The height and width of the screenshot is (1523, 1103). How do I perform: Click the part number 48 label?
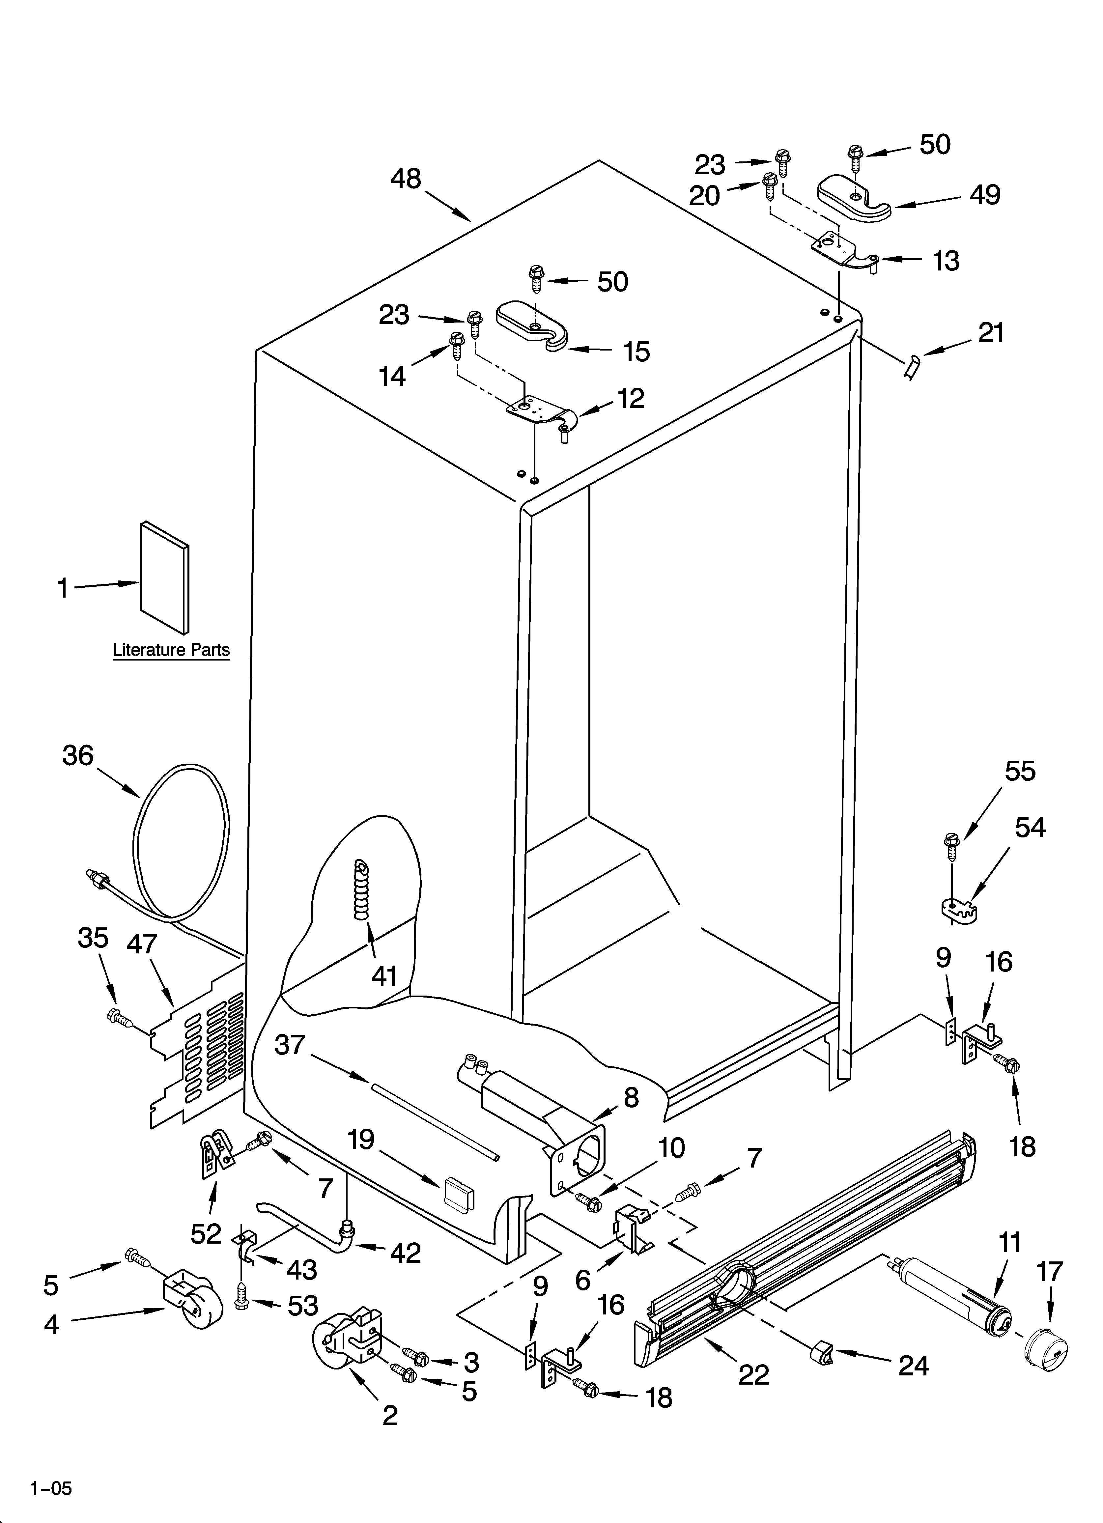[x=406, y=179]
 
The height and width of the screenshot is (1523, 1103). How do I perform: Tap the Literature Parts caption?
[x=171, y=650]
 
